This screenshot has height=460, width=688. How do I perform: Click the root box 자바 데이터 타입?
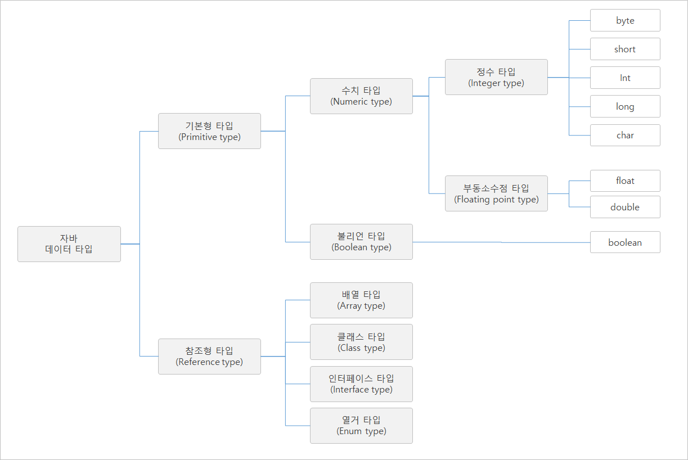[x=69, y=244]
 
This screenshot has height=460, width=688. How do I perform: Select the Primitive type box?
[x=209, y=131]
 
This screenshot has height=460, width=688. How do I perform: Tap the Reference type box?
[x=209, y=357]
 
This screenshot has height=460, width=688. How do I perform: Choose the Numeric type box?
[x=361, y=96]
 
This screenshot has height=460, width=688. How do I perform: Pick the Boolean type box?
[x=361, y=242]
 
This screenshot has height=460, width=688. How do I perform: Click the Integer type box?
[x=496, y=77]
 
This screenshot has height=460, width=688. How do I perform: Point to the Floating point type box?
[x=496, y=193]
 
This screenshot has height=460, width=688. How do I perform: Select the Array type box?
[x=361, y=300]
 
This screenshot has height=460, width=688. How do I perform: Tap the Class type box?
[x=361, y=342]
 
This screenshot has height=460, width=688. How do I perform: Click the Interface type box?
[x=361, y=384]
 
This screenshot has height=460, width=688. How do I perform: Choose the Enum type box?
[x=361, y=426]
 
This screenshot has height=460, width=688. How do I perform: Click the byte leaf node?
[x=625, y=20]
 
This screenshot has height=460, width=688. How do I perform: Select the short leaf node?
[x=625, y=49]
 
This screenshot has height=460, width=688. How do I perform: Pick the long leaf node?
[x=625, y=106]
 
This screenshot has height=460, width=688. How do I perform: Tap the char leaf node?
[x=625, y=135]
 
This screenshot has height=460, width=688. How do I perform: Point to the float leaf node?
[x=625, y=181]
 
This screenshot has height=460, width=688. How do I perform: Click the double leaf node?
[x=625, y=207]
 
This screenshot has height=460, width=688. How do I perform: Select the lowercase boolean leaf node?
[x=625, y=242]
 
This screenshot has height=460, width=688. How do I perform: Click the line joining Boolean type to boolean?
[x=501, y=242]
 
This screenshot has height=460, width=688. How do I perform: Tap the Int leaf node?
[x=625, y=78]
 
